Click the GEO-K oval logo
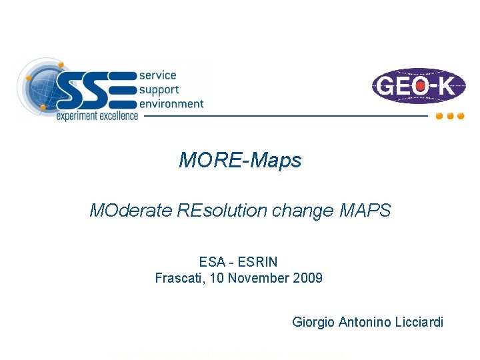pyautogui.click(x=419, y=86)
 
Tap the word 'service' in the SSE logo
pyautogui.click(x=158, y=76)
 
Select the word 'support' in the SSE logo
pyautogui.click(x=159, y=90)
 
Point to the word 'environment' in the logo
pyautogui.click(x=171, y=103)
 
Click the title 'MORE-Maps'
pyautogui.click(x=240, y=161)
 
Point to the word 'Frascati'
pyautogui.click(x=179, y=277)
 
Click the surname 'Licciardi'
pyautogui.click(x=419, y=323)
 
